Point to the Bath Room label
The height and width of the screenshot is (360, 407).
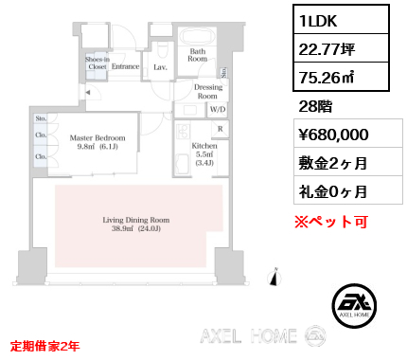point(197,54)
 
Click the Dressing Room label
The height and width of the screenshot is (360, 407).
point(206,92)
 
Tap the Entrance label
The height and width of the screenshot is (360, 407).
point(126,66)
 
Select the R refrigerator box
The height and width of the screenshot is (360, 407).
point(220,128)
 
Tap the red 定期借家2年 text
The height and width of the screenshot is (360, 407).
point(44,345)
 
